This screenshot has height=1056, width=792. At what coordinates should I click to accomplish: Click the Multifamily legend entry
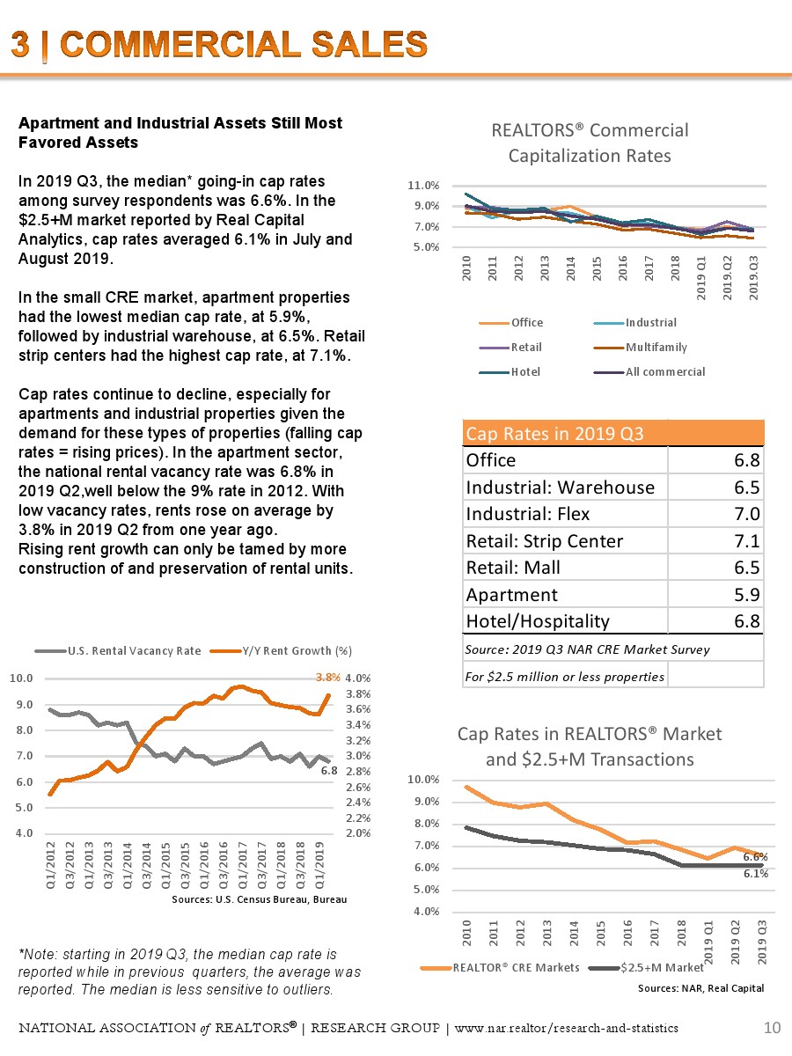656,347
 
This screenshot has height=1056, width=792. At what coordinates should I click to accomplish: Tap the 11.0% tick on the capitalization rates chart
423,186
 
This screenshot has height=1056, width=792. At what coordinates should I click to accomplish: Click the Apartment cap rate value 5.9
750,595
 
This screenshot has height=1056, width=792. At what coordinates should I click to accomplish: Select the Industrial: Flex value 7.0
750,514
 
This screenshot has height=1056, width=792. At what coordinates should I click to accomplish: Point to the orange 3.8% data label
327,678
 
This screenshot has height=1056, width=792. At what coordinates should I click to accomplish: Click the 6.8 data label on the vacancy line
328,770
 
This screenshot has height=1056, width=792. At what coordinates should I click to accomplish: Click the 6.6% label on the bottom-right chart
755,855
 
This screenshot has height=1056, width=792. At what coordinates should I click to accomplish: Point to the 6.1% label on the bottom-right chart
755,874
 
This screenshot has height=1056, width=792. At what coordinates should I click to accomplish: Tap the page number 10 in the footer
773,1028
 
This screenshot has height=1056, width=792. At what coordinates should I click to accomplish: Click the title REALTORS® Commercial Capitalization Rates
590,143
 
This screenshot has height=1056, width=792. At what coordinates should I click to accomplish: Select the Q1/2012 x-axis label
52,868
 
